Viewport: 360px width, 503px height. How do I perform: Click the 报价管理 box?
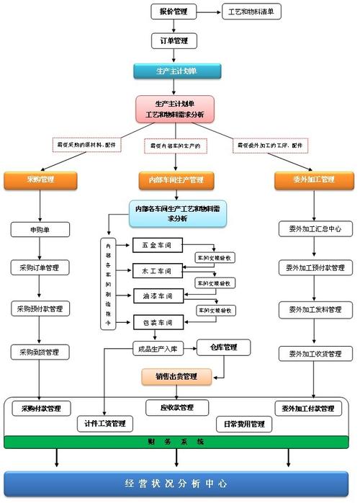(174, 12)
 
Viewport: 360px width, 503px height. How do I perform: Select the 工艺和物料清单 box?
(254, 12)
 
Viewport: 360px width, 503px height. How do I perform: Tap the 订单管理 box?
(174, 41)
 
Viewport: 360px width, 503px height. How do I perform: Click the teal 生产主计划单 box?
(176, 71)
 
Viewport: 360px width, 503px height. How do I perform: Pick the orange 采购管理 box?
(40, 179)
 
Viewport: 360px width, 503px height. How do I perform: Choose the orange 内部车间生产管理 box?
(176, 179)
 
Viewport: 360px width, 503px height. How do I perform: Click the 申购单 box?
(40, 229)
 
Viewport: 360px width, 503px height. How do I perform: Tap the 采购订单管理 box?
(40, 267)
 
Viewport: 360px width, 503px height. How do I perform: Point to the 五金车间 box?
(154, 246)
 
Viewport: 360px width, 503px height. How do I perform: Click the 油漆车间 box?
(154, 295)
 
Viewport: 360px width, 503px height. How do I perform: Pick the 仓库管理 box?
(224, 347)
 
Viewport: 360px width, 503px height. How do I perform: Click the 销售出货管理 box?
(176, 375)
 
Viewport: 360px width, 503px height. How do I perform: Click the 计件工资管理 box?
(105, 423)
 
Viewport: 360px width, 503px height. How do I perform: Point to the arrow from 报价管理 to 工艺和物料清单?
(209, 12)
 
